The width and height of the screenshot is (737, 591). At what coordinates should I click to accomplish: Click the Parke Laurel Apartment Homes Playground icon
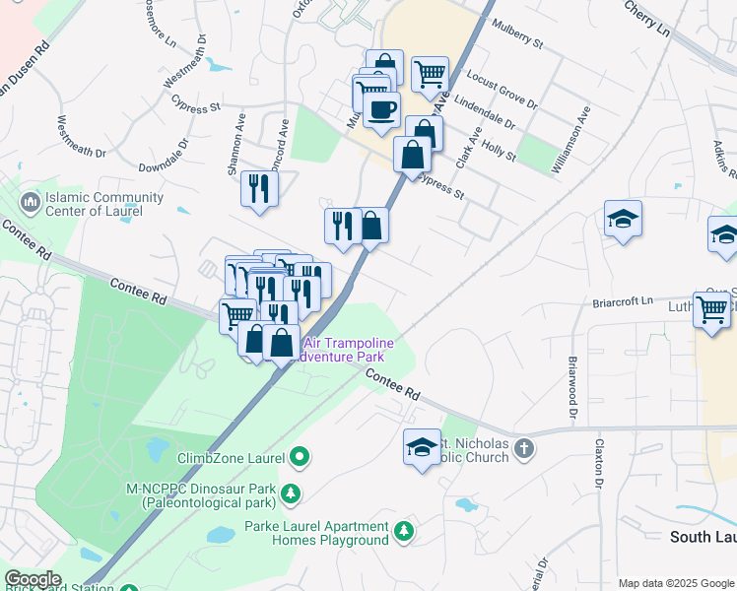click(403, 532)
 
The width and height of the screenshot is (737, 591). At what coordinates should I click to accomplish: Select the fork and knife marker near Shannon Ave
click(259, 187)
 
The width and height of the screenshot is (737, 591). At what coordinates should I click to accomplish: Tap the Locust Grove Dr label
click(502, 90)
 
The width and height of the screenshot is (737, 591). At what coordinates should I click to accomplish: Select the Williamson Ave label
click(571, 141)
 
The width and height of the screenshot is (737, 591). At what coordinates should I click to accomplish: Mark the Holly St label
click(500, 150)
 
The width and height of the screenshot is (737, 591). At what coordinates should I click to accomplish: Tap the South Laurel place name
click(702, 537)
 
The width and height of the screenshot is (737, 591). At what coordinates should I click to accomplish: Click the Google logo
click(33, 579)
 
